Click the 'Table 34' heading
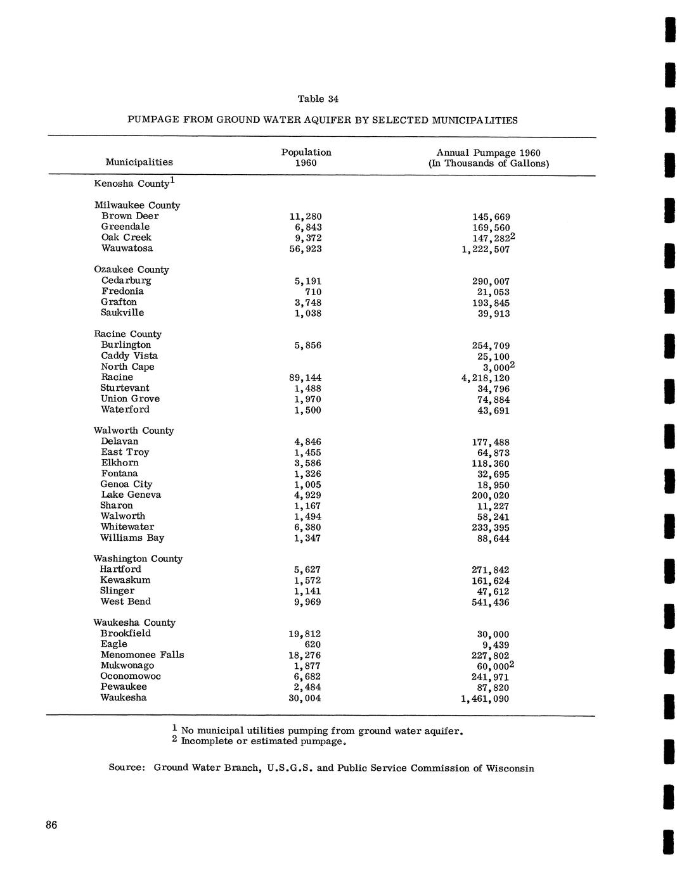point(318,99)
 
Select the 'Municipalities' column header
point(139,162)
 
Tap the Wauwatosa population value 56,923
point(306,249)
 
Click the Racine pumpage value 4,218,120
point(486,378)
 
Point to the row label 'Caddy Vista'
point(129,356)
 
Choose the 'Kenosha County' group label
point(132,184)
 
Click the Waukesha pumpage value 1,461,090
point(485,699)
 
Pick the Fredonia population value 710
point(313,292)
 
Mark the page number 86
point(51,825)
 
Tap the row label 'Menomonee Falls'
point(142,655)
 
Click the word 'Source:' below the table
point(127,768)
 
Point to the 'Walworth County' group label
point(133,431)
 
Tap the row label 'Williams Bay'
point(132,538)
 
